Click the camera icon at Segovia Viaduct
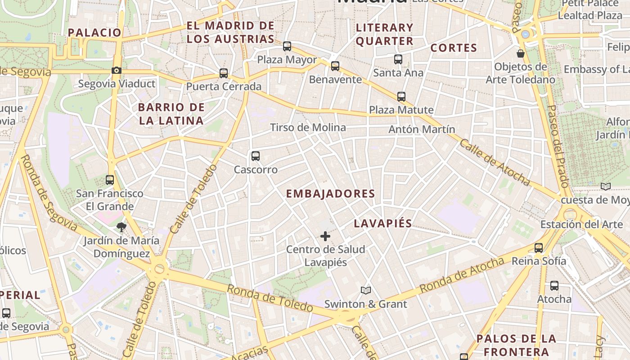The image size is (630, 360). click(116, 71)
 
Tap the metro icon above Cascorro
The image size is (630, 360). click(256, 156)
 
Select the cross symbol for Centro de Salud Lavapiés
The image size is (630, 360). click(325, 236)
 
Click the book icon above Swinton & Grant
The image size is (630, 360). click(366, 291)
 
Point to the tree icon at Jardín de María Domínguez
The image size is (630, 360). click(121, 227)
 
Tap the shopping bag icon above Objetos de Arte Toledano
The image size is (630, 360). click(521, 54)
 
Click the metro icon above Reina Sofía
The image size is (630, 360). click(539, 247)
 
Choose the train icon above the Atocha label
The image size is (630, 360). click(554, 286)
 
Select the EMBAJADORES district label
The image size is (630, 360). click(331, 194)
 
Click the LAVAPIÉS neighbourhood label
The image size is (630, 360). click(383, 224)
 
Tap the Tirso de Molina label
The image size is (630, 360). click(308, 128)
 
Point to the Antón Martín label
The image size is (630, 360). click(422, 130)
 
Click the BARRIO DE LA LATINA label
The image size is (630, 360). click(171, 114)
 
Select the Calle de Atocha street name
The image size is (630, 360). click(495, 162)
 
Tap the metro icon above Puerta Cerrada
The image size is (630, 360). click(224, 73)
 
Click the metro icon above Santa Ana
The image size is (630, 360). click(398, 59)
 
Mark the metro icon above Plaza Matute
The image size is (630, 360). click(401, 97)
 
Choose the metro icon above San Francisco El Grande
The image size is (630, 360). click(110, 180)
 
